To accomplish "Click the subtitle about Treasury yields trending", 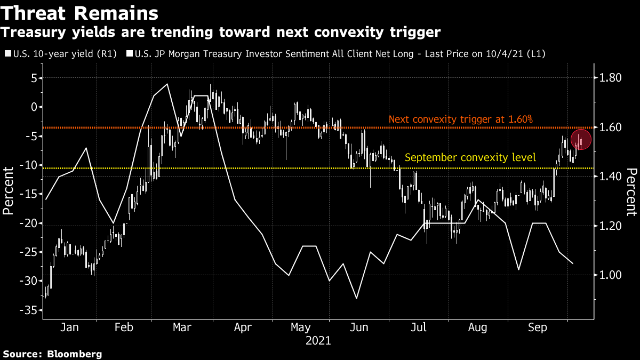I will click(x=220, y=33).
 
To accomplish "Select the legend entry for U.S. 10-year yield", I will click(x=60, y=54).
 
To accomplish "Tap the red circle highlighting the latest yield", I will click(x=581, y=140).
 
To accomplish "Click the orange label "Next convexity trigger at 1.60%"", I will click(x=460, y=119).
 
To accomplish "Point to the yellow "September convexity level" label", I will click(x=470, y=157).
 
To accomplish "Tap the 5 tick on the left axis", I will click(x=33, y=78).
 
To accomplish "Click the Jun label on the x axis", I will click(x=359, y=327).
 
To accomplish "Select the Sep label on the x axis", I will click(x=537, y=327).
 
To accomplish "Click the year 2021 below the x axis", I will click(x=318, y=340).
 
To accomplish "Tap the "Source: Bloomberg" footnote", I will click(x=52, y=354).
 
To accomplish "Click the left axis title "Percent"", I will click(x=9, y=190).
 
